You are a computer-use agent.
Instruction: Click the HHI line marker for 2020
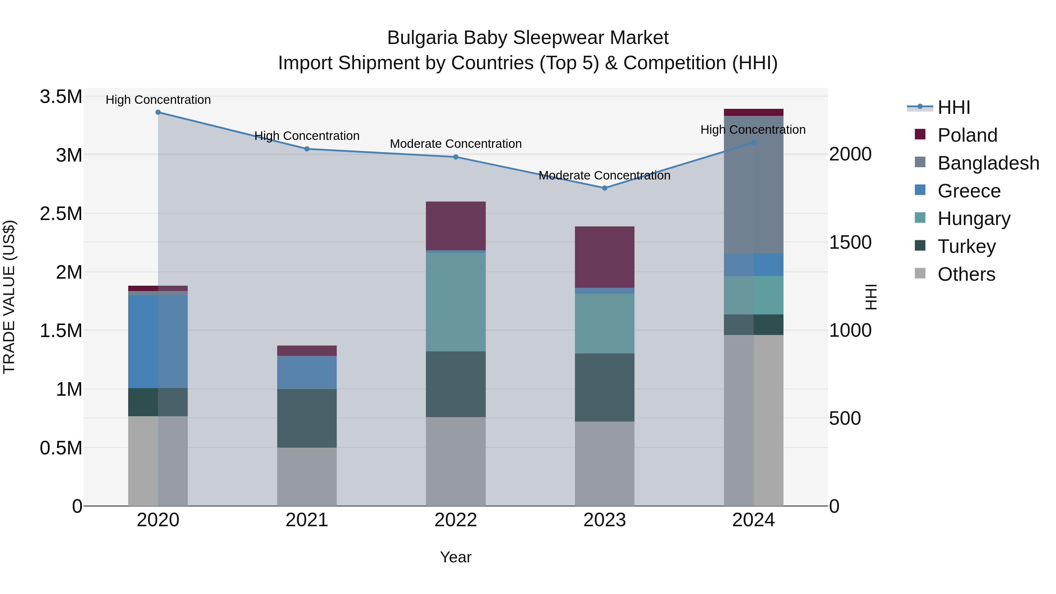point(158,112)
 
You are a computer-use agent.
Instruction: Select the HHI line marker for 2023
point(604,188)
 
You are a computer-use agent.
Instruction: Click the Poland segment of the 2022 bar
point(456,226)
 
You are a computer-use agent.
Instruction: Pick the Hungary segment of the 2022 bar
point(456,301)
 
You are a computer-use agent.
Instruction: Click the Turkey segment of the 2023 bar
point(604,387)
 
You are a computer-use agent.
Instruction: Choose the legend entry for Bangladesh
point(988,163)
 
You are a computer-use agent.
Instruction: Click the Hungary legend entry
point(974,219)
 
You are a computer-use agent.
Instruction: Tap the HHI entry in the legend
point(954,107)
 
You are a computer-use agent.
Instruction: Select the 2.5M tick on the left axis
point(61,214)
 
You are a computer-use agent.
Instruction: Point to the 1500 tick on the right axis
point(850,242)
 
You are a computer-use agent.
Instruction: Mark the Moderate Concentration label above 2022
point(456,144)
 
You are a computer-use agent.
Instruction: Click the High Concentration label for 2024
point(753,130)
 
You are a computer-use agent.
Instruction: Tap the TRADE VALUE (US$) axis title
point(9,297)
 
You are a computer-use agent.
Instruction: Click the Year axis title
point(456,557)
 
